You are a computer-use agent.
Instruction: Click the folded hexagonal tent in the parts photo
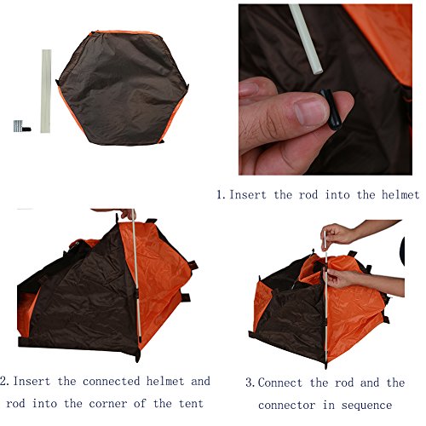coord(123,88)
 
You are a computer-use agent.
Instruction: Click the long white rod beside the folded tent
coord(46,91)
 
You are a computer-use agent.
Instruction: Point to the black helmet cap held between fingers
coord(331,109)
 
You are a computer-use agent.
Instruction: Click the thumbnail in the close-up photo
coord(310,112)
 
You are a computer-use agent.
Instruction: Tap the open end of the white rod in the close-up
coord(319,71)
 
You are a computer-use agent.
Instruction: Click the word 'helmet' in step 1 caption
coord(400,195)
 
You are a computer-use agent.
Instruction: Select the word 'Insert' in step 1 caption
coord(248,195)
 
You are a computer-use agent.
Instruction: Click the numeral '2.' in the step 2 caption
coord(5,381)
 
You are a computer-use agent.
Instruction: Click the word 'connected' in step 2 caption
coord(112,381)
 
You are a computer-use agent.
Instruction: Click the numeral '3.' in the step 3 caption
coord(250,383)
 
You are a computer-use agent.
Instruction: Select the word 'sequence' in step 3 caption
coord(366,406)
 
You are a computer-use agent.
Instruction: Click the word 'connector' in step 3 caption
coord(287,406)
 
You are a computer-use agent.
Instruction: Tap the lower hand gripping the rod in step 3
coord(338,279)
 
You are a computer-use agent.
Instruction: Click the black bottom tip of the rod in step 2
coord(139,355)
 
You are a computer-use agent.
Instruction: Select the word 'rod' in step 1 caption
coord(308,195)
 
